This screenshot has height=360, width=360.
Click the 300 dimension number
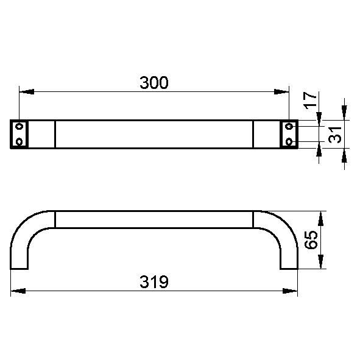click(154, 83)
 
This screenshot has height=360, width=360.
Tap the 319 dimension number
click(154, 281)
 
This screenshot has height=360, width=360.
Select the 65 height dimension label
click(311, 240)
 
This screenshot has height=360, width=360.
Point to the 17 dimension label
click(310, 101)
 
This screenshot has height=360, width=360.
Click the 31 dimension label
click(335, 135)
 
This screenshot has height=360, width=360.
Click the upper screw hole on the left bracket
click(19, 126)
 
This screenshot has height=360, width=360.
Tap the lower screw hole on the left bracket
click(19, 141)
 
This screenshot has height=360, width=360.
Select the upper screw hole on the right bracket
click(289, 126)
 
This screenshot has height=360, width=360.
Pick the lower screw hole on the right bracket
click(289, 141)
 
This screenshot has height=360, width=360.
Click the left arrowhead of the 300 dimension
click(27, 91)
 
